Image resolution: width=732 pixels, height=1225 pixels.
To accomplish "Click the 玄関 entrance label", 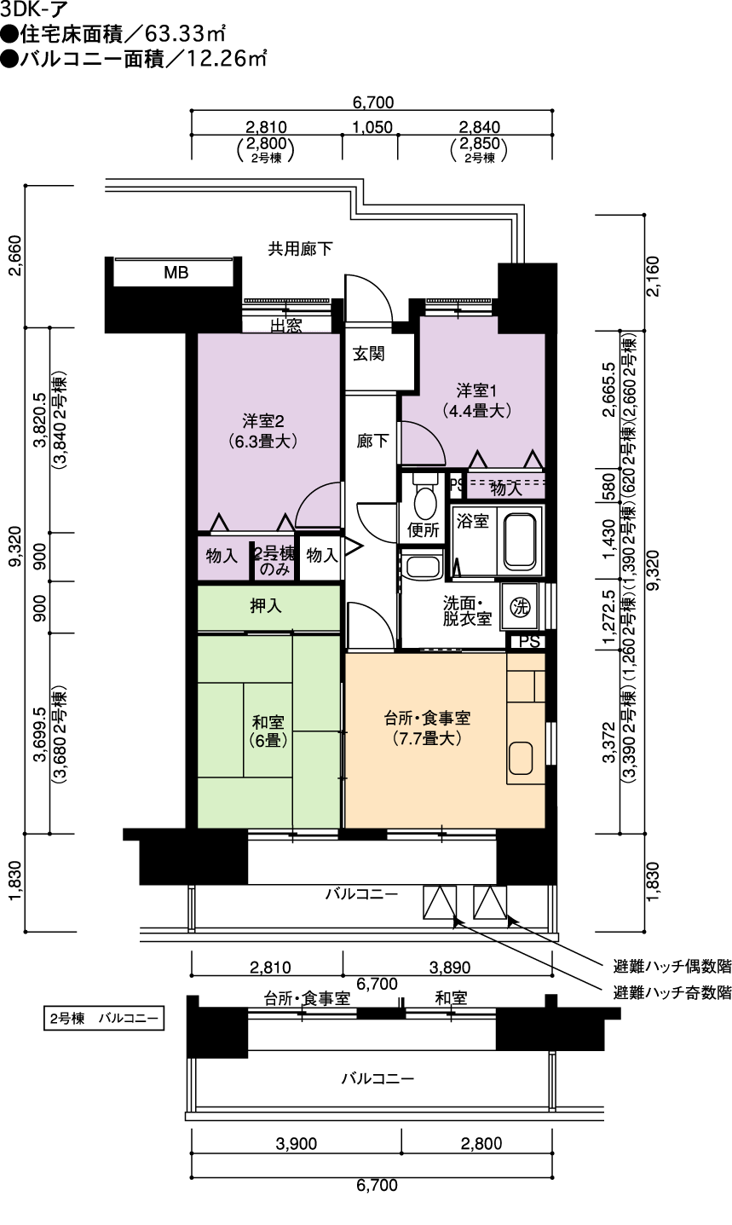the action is (368, 354).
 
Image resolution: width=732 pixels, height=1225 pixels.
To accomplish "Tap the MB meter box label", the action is (176, 272).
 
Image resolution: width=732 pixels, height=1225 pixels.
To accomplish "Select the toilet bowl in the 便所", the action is (425, 498).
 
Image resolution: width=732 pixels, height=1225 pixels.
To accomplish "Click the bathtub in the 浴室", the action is (519, 540).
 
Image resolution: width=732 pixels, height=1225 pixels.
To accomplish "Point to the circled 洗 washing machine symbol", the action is (520, 606).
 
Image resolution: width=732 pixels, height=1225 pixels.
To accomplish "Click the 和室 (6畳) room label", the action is (268, 731).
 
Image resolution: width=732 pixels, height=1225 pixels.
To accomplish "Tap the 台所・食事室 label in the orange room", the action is (427, 718).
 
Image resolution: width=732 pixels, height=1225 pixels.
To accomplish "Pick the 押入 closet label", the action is (266, 606).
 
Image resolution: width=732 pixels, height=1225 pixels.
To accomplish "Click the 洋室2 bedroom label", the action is (263, 421).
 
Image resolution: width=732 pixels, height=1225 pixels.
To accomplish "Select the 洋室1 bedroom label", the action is (476, 391).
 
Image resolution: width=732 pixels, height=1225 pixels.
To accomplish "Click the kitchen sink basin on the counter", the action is (521, 758).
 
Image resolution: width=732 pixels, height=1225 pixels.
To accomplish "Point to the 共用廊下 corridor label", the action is (300, 249).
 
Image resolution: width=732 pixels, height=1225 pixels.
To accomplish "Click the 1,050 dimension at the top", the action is (372, 127).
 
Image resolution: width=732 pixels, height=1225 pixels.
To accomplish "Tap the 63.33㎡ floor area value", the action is (185, 34).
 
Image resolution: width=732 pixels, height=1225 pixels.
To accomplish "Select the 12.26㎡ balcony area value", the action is (227, 58).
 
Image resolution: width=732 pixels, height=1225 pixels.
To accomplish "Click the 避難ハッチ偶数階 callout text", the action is (671, 967).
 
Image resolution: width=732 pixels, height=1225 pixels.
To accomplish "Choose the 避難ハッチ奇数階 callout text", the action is (671, 992).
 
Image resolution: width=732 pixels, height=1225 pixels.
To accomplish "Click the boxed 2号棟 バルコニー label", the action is (104, 1019).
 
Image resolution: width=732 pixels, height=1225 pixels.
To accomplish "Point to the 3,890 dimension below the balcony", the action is (449, 968).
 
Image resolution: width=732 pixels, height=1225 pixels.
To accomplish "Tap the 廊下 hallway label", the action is (372, 441).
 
